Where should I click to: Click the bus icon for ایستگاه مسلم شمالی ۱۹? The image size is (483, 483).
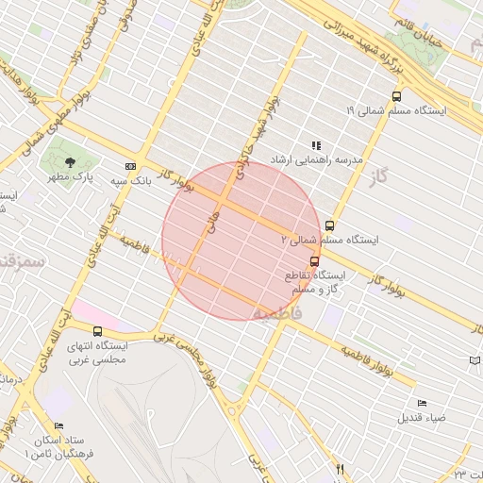point(395,96)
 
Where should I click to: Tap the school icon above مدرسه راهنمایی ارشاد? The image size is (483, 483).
point(316,145)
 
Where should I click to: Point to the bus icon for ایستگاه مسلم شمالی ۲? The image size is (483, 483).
point(329,225)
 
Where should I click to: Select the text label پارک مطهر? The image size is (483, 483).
point(70,176)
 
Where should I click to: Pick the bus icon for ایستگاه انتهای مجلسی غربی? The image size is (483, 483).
point(98,331)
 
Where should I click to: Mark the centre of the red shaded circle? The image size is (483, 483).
point(241,241)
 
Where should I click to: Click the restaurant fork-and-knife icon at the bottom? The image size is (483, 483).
point(341,469)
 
